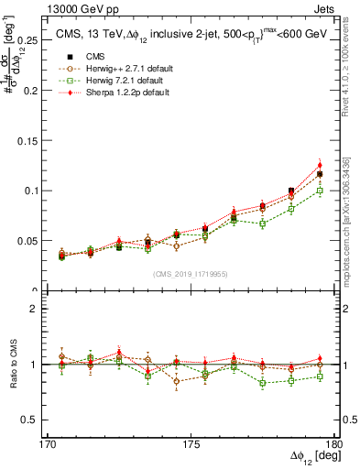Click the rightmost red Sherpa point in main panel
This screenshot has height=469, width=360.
pos(320,165)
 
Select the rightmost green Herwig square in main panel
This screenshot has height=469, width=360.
pos(320,191)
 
